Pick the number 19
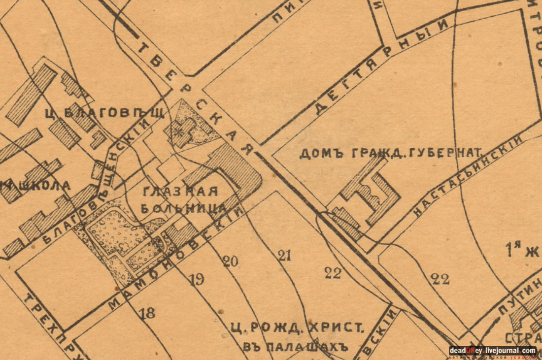pyautogui.click(x=196, y=280)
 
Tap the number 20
pyautogui.click(x=230, y=261)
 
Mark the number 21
pyautogui.click(x=284, y=255)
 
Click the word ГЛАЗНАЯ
pyautogui.click(x=179, y=192)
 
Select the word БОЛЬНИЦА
pyautogui.click(x=183, y=208)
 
